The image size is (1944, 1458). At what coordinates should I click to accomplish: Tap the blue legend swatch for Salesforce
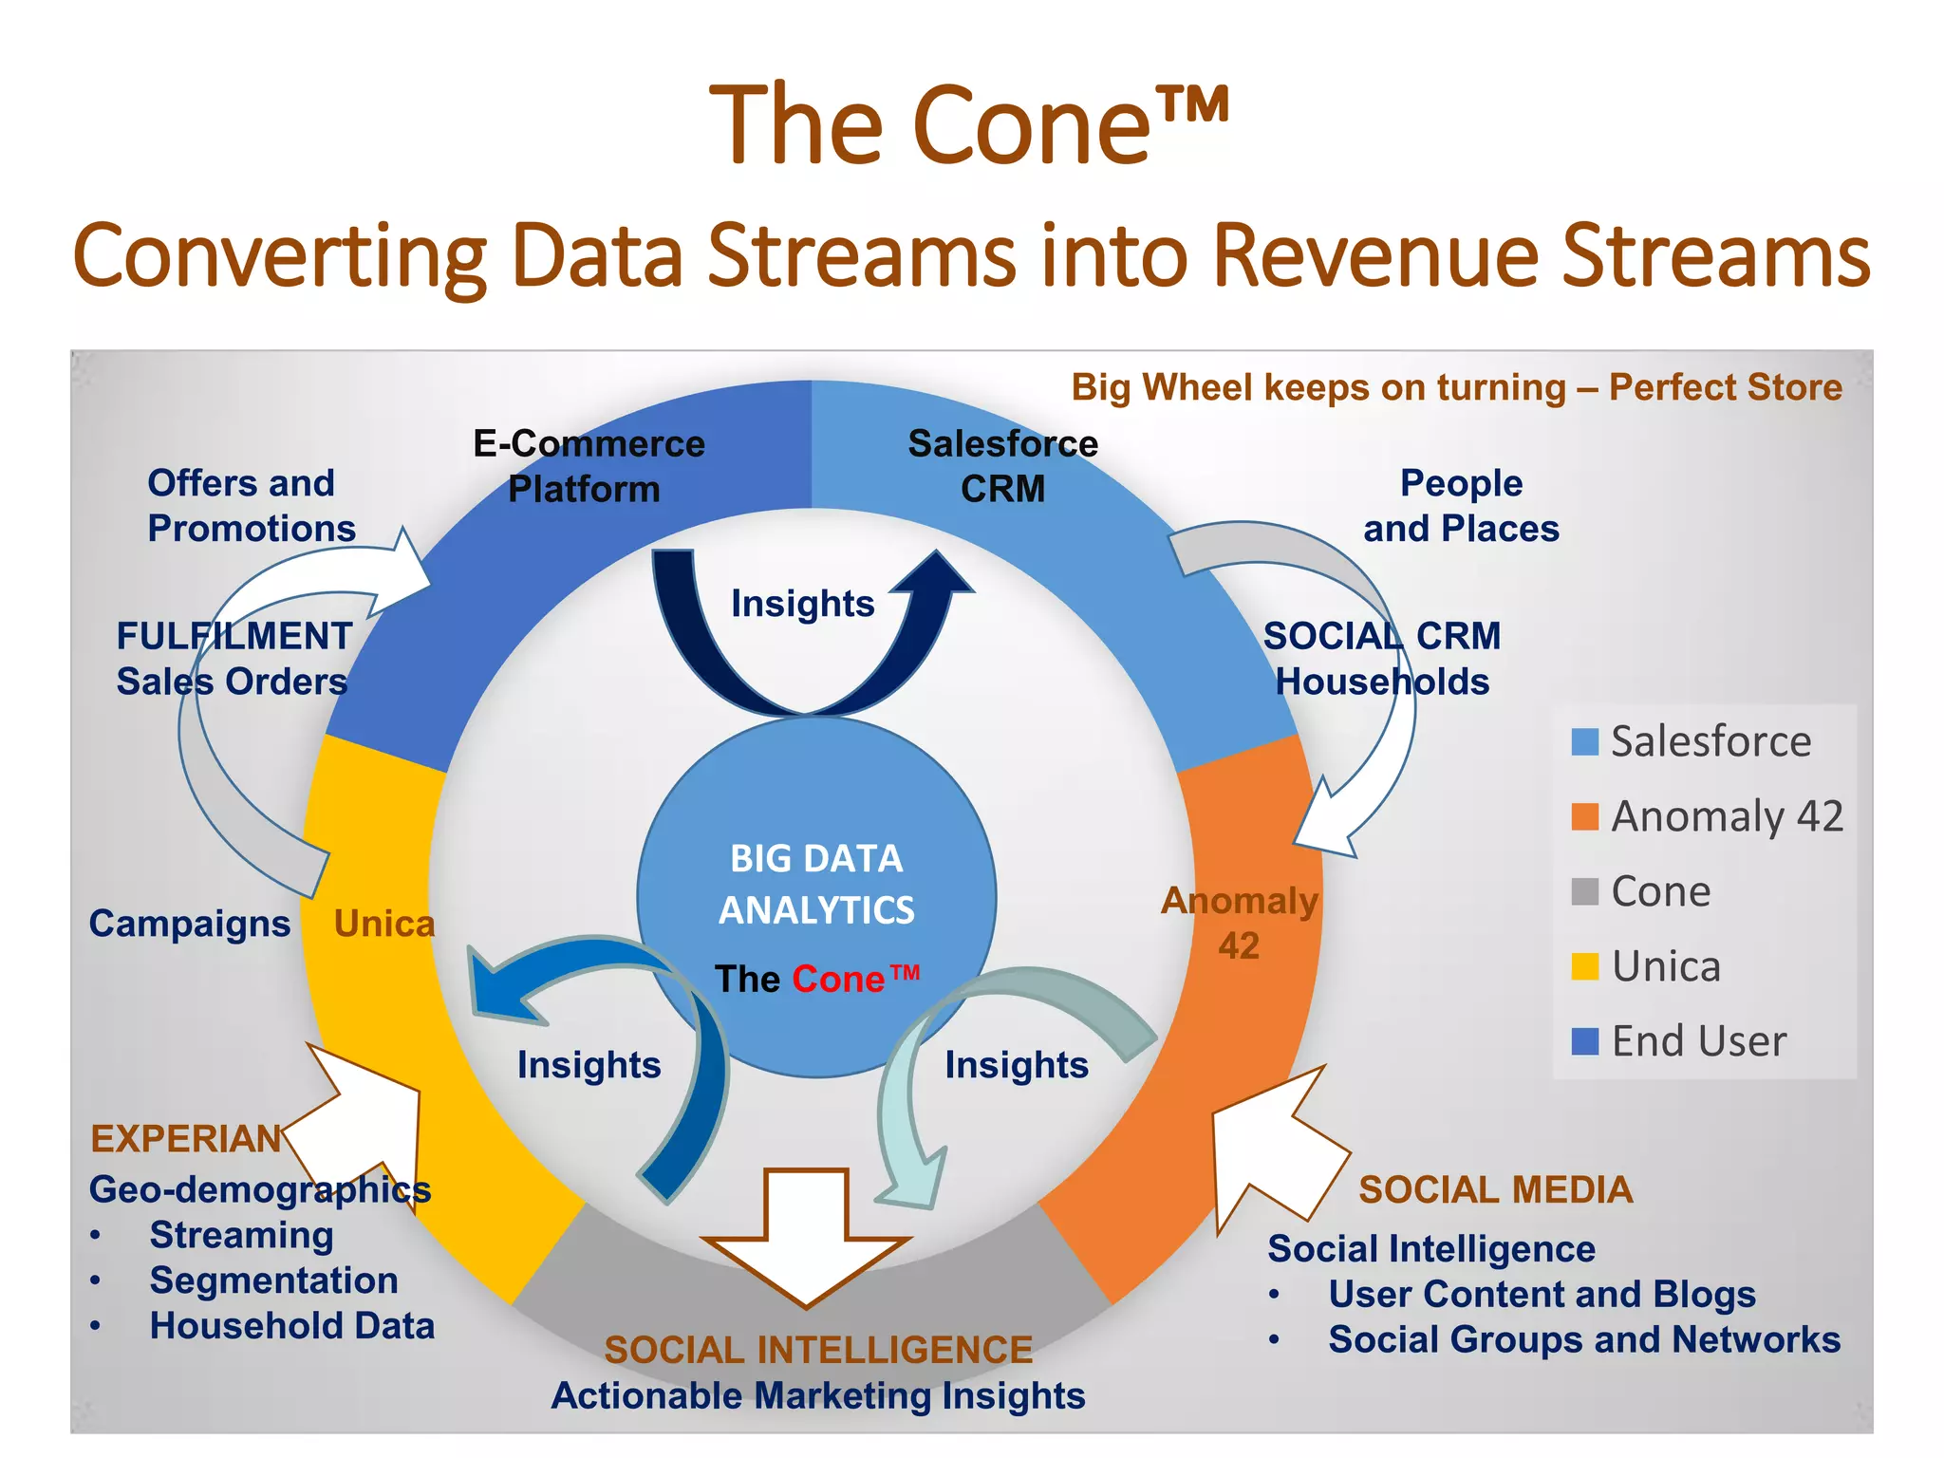(1584, 741)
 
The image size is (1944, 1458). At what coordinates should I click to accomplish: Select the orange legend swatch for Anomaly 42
(1584, 816)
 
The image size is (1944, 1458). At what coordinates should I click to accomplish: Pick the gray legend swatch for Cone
(1584, 891)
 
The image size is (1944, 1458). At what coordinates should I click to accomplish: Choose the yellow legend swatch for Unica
(1584, 966)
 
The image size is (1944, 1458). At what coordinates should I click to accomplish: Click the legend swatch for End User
(1584, 1041)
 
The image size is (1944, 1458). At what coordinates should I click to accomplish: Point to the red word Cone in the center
(838, 979)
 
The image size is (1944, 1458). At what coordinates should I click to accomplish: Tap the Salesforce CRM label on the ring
(1002, 466)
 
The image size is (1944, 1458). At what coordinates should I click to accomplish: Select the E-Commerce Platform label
(589, 466)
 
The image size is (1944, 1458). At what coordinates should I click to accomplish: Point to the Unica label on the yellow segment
(384, 924)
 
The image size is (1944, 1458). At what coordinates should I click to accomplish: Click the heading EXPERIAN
(185, 1138)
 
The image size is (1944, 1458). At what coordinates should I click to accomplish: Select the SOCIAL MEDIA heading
(1495, 1189)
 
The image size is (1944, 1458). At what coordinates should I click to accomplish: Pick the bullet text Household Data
(291, 1326)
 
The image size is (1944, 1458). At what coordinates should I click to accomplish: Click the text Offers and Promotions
(251, 505)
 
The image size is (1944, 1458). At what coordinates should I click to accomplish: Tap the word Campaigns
(190, 924)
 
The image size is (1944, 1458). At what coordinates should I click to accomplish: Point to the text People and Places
(1461, 505)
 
